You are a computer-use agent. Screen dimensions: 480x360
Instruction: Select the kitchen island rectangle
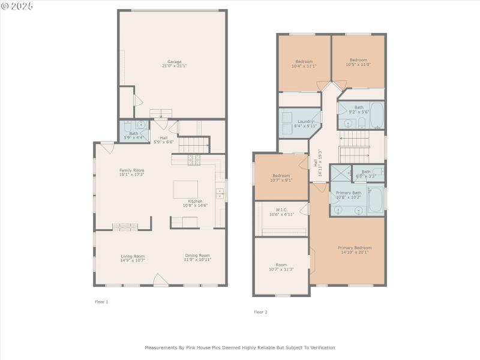click(185, 189)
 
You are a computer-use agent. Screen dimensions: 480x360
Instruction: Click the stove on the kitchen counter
click(194, 160)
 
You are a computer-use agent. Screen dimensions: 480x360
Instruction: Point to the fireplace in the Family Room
click(125, 226)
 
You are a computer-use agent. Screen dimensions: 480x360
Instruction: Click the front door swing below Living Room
click(160, 280)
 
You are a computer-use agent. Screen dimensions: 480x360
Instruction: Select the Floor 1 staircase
click(194, 145)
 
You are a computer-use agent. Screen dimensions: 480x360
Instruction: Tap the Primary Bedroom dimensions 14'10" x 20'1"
click(354, 252)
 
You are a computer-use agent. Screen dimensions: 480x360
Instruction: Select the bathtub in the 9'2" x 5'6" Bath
click(376, 115)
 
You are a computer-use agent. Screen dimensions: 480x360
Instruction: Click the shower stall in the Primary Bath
click(340, 173)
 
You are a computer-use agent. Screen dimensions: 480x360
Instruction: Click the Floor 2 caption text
click(260, 312)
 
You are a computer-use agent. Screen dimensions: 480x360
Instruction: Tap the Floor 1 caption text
click(101, 302)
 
